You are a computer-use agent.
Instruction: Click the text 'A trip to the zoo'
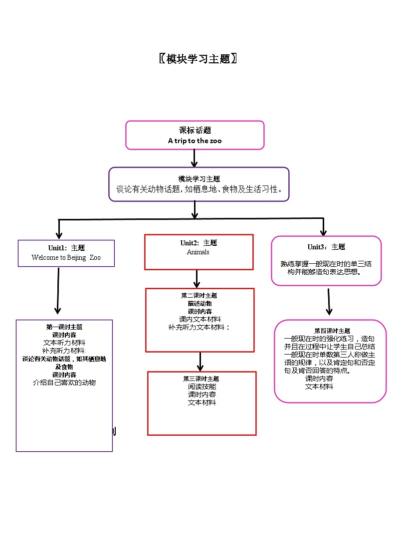click(x=195, y=141)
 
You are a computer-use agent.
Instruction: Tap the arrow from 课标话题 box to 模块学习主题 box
click(x=195, y=158)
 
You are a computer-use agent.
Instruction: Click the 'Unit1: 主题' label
click(x=66, y=248)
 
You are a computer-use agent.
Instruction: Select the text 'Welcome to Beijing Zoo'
click(x=66, y=258)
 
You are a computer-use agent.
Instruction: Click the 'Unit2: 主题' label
click(x=198, y=243)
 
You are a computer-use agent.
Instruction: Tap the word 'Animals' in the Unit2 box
click(x=198, y=252)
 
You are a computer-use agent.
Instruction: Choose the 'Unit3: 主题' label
click(x=326, y=247)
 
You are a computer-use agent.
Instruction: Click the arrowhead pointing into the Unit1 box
click(x=59, y=235)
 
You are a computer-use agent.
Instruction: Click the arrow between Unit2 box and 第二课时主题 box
click(x=198, y=279)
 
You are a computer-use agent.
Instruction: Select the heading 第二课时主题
click(x=199, y=295)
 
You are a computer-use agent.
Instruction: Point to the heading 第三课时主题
click(x=201, y=378)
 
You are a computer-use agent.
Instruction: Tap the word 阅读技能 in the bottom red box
click(x=202, y=386)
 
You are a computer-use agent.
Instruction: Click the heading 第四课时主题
click(x=332, y=331)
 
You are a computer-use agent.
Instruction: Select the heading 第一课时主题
click(x=64, y=327)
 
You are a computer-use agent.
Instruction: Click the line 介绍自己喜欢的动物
click(x=64, y=382)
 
